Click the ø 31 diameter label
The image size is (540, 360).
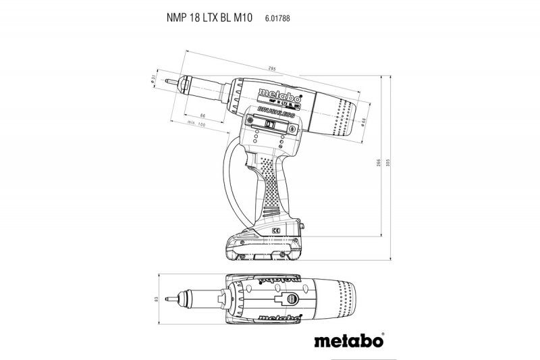(x=155, y=80)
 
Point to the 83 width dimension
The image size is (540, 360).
(x=155, y=299)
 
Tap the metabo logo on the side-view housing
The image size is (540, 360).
(x=279, y=93)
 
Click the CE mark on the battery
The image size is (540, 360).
(x=276, y=231)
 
